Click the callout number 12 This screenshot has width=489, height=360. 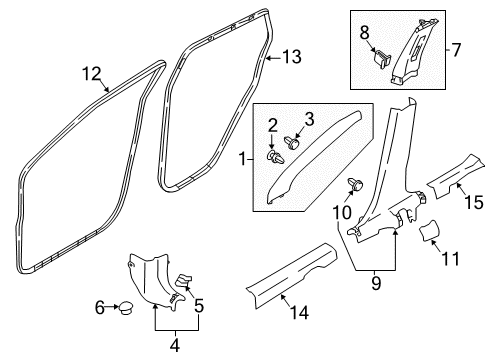click(91, 72)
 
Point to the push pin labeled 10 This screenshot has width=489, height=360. click(355, 184)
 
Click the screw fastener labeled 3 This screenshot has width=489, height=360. click(293, 142)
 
